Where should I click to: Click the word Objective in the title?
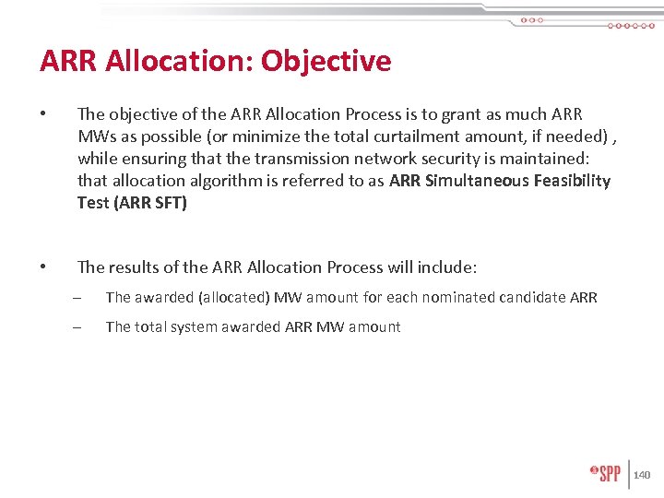(x=326, y=61)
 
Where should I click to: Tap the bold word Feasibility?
(x=572, y=181)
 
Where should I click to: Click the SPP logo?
(x=606, y=473)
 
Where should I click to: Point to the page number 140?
(x=642, y=475)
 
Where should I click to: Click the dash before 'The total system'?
(x=77, y=326)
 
